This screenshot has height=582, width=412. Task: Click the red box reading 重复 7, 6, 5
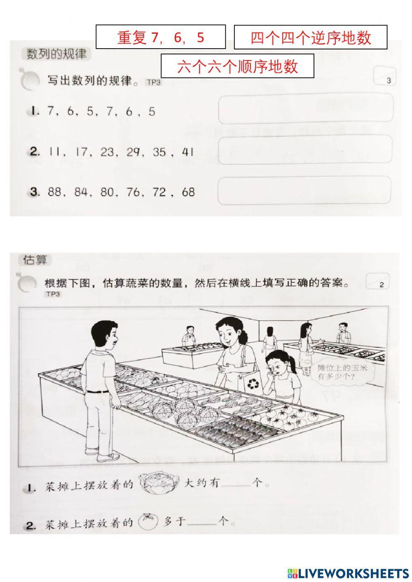pos(161,37)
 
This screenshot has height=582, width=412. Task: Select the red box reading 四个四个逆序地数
pos(311,37)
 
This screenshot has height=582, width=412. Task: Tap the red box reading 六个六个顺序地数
pos(237,66)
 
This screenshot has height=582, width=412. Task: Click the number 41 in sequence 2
pos(187,152)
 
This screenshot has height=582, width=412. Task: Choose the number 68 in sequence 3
pos(187,192)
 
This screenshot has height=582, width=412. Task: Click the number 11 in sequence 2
pos(54,152)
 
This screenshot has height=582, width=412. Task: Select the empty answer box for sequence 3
pos(304,190)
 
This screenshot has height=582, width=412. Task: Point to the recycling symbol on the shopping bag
pos(252,384)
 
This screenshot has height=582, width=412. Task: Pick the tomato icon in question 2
pos(148,521)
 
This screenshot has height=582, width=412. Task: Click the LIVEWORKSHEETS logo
pos(348,573)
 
